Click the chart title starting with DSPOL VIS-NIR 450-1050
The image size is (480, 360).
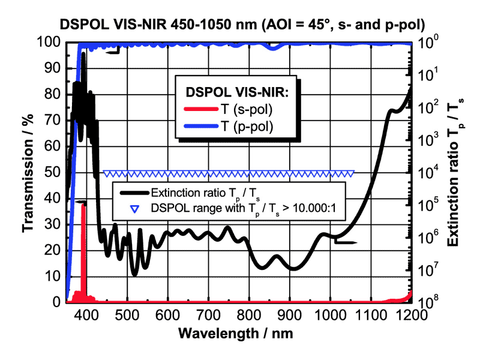[239, 25]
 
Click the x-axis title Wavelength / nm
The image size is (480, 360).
[239, 332]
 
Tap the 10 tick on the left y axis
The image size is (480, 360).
[56, 276]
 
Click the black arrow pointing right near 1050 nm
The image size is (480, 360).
[347, 242]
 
